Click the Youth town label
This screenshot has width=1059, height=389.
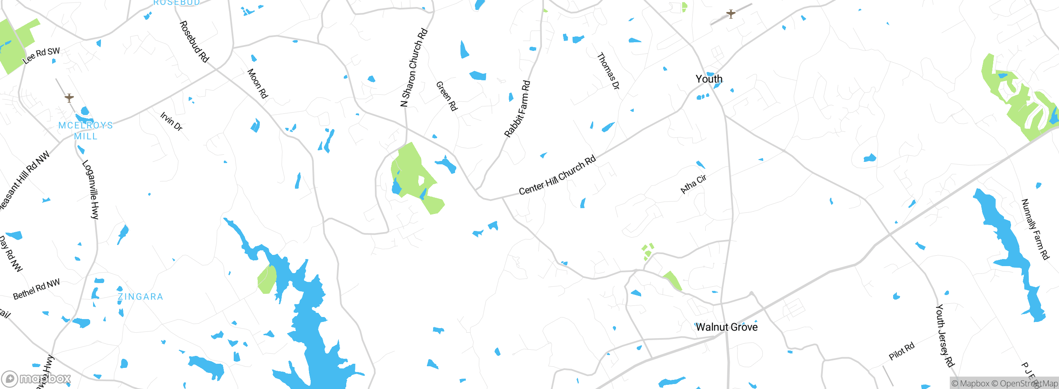(709, 79)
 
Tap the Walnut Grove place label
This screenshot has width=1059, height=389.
(726, 327)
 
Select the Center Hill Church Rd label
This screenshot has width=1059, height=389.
(557, 175)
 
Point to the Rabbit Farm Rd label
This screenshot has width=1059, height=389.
(517, 109)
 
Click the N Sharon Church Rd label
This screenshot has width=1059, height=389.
(414, 67)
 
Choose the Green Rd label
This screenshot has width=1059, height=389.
(447, 96)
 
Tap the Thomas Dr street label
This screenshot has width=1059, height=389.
(609, 71)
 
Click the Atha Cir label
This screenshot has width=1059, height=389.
(693, 184)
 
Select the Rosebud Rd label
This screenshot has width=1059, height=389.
(194, 41)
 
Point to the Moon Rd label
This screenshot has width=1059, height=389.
(257, 84)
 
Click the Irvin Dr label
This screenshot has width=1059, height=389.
(171, 121)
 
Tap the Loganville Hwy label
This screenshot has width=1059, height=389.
(91, 190)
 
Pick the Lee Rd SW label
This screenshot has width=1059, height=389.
(41, 55)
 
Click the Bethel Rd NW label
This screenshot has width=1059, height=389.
(36, 289)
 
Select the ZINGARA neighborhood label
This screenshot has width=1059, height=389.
(140, 297)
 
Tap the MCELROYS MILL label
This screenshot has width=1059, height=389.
(86, 130)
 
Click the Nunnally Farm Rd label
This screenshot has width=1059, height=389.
(1035, 229)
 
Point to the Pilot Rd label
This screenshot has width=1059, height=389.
(901, 351)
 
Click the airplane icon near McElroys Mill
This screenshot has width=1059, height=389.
(69, 98)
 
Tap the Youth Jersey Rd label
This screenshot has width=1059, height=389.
(945, 336)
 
